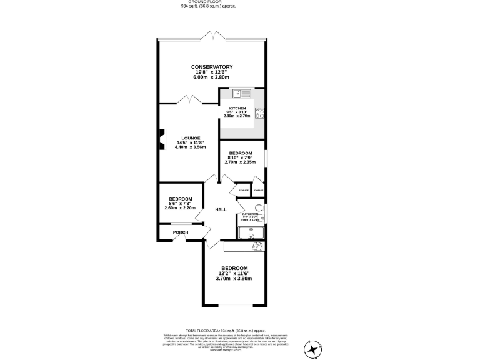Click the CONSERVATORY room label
coord(212,67)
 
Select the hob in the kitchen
coord(258,114)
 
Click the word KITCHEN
coord(237,108)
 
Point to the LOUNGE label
coord(191,138)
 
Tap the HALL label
coord(221,209)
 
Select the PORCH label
coord(181,232)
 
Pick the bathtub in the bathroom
coord(251,232)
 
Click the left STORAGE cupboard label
coord(244,190)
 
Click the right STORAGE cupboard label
coord(258,190)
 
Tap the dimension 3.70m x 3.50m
coord(234,279)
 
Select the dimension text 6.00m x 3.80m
coord(212,77)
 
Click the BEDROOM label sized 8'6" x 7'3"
coord(180,199)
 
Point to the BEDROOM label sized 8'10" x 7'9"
coord(240,153)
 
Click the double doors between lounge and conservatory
coord(189,100)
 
